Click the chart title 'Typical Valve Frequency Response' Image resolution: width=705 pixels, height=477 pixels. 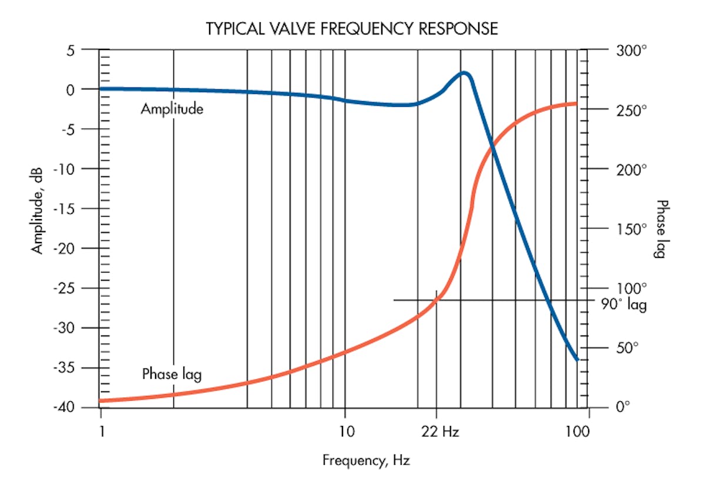[x=351, y=29]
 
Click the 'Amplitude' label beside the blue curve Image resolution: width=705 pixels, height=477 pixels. [x=172, y=109]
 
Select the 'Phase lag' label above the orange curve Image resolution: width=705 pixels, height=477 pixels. [x=172, y=374]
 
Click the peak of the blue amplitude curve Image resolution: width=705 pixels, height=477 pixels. [x=464, y=73]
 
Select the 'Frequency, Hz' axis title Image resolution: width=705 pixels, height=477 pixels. [x=362, y=460]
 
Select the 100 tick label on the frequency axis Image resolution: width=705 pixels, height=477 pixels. [x=578, y=432]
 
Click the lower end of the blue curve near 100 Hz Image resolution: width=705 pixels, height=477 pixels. [x=578, y=359]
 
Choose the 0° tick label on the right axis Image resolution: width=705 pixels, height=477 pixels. [x=623, y=406]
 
